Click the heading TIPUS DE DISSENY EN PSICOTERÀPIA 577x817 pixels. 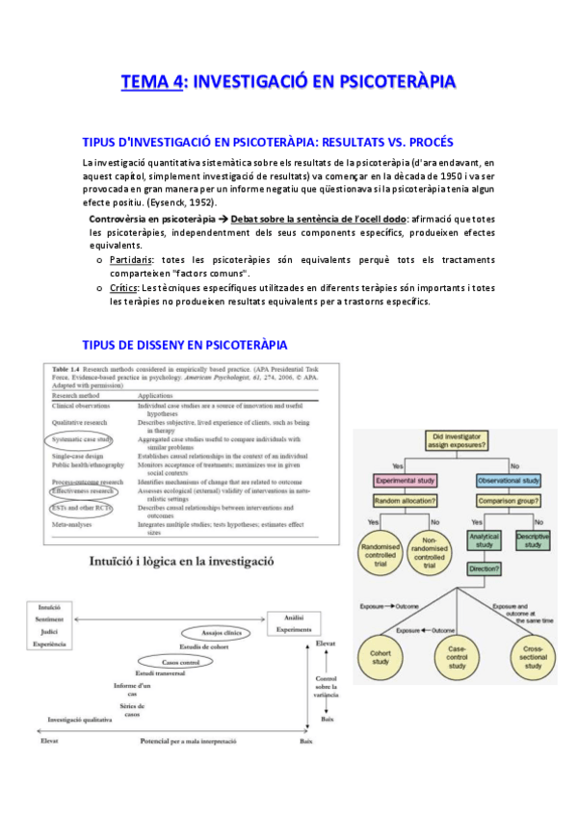click(x=185, y=345)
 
